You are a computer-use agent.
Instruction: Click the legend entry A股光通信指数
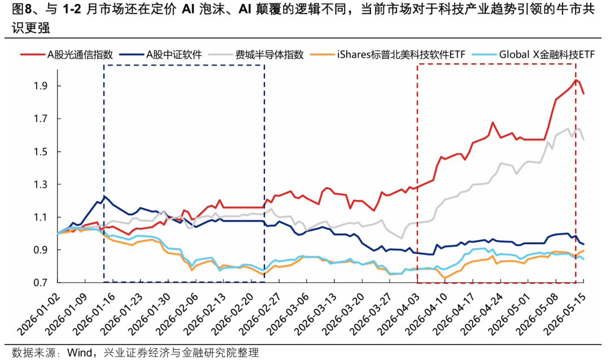[67, 54]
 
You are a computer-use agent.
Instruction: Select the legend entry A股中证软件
[160, 54]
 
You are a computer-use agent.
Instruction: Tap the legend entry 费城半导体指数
[256, 54]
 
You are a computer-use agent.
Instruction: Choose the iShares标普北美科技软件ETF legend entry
[388, 54]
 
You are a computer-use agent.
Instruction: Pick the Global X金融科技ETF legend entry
[533, 54]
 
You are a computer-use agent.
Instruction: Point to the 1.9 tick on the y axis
[41, 86]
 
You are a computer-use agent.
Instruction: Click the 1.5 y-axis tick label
[41, 151]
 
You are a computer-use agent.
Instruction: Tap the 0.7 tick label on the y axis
[41, 283]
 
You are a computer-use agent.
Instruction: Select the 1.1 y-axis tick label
[41, 217]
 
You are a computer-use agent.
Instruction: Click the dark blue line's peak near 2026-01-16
[104, 197]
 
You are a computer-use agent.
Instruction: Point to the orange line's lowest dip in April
[445, 278]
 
